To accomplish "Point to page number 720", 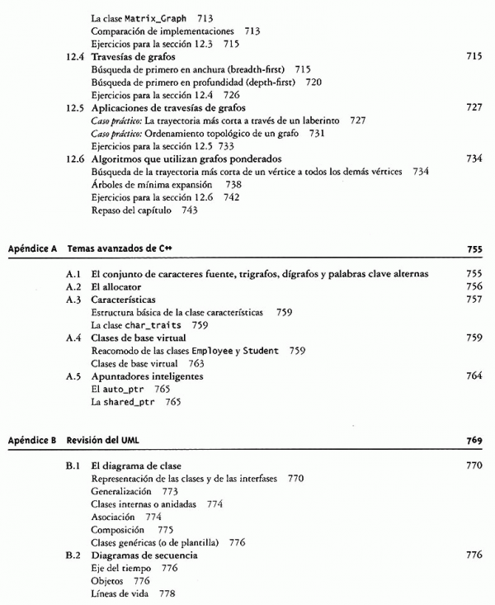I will pyautogui.click(x=313, y=83).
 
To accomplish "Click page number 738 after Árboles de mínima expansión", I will pyautogui.click(x=233, y=184).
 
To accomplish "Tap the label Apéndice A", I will pyautogui.click(x=31, y=248).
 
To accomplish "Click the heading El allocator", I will pyautogui.click(x=116, y=286).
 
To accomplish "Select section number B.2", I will pyautogui.click(x=73, y=555).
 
